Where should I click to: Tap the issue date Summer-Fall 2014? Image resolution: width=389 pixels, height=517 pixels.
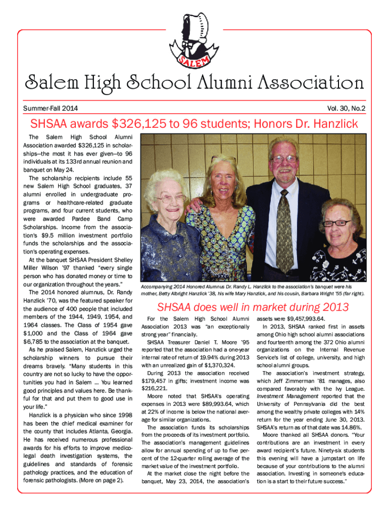pyautogui.click(x=51, y=108)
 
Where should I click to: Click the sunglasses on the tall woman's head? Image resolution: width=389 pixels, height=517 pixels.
pyautogui.click(x=222, y=159)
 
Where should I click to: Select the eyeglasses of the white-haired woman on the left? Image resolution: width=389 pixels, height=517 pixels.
pyautogui.click(x=170, y=198)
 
